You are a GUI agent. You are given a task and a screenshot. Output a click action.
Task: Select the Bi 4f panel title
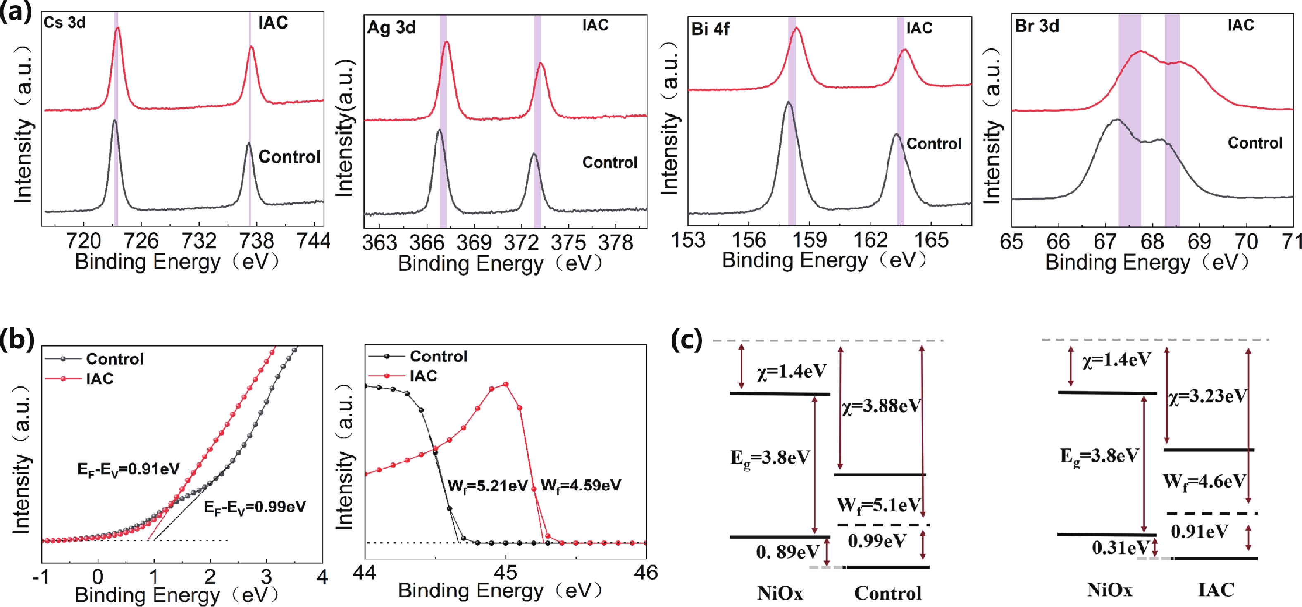point(710,29)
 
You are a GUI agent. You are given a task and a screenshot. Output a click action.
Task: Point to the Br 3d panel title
point(1037,26)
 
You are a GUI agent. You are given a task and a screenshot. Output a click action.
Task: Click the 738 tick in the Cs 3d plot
point(257,241)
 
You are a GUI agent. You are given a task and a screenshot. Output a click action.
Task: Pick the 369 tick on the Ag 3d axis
point(474,243)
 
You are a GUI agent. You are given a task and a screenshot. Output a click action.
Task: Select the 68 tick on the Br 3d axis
point(1152,242)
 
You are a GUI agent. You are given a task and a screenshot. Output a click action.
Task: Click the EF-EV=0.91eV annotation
point(129,469)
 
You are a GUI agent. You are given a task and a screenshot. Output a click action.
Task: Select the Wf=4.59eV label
point(581,486)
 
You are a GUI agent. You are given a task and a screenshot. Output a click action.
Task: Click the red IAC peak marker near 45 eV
point(506,385)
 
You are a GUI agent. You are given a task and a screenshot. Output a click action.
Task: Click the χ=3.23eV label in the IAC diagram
point(1207,396)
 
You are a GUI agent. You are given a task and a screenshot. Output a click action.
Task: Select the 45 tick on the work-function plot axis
point(506,573)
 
